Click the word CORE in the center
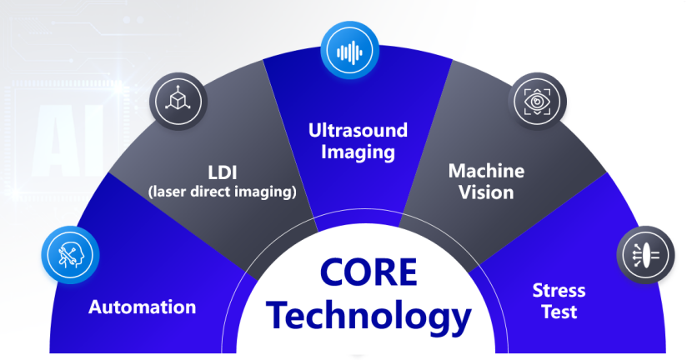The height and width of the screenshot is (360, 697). point(369,272)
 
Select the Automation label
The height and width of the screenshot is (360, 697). point(143,307)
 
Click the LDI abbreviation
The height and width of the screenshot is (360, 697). point(223,172)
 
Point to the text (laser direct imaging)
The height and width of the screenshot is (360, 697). point(223,192)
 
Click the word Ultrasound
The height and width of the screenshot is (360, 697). point(358,130)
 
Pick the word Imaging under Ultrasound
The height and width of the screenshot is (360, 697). point(358,152)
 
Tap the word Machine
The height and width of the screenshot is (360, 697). point(486,171)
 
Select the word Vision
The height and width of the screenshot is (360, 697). point(486,192)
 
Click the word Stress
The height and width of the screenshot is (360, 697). point(559,291)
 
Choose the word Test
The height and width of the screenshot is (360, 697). point(559,312)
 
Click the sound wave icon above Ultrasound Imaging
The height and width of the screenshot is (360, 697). point(350,52)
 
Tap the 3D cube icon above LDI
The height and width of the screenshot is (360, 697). point(178,102)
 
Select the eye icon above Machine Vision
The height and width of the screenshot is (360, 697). point(538,102)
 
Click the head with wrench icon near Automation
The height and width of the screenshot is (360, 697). point(70,255)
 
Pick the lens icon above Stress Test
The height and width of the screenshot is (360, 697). point(645,255)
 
